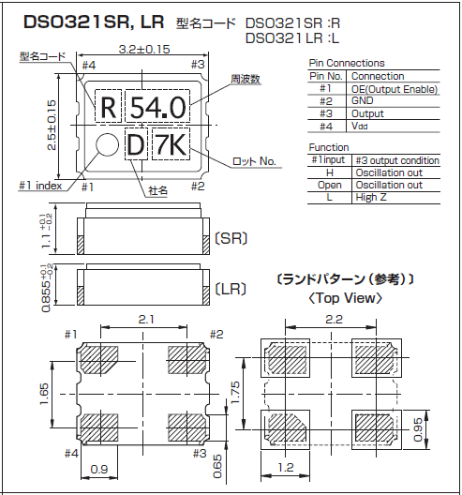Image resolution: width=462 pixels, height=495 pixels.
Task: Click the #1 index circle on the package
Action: pos(107,144)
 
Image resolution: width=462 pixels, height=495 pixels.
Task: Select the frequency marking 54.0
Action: pos(157,107)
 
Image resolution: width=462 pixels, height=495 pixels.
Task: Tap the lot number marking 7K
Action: pos(171,144)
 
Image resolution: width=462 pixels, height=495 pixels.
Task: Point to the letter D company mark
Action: pos(136,145)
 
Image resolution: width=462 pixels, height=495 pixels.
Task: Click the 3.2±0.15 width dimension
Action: pos(144,50)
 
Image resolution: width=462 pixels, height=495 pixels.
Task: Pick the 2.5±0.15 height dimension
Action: pos(52,125)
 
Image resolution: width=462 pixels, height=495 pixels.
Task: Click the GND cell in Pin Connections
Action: pos(363,100)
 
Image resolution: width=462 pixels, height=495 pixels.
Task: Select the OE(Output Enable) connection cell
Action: pos(395,89)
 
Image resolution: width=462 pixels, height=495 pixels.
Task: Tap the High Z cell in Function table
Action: pos(371,197)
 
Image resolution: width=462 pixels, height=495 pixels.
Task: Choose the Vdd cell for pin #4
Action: pos(360,126)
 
